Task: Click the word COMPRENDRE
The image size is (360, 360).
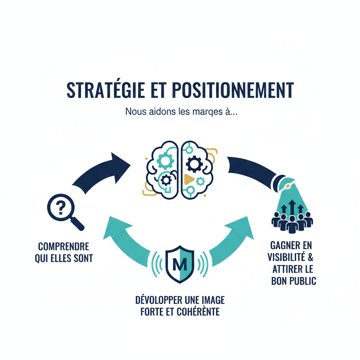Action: point(64,246)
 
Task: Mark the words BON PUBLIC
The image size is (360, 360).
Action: point(294,281)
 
